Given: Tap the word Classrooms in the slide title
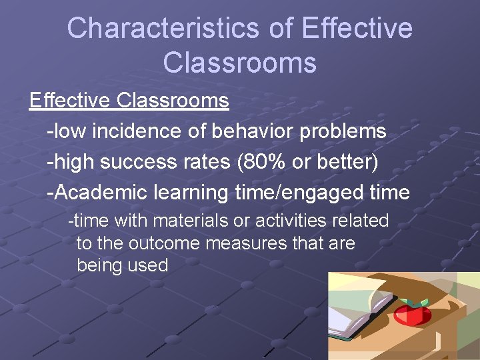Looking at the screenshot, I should [x=239, y=63].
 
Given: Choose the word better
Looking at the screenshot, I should [x=347, y=162].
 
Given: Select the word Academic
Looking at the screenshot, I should [x=101, y=193].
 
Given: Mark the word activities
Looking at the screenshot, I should [x=279, y=220].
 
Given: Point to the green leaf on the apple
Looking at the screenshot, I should [x=420, y=302].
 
